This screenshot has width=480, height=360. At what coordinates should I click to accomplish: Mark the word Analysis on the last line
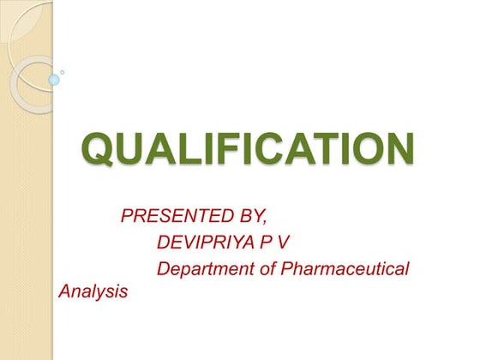(93, 291)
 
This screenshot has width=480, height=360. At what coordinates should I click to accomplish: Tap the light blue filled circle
(54, 80)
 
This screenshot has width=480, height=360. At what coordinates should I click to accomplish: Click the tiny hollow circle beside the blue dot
(63, 72)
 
